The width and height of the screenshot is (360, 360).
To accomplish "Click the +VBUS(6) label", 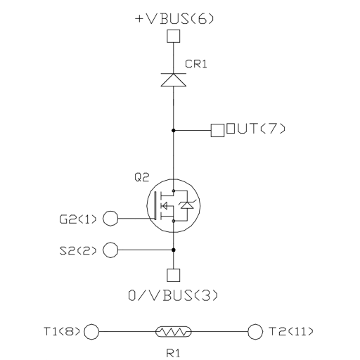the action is click(174, 19).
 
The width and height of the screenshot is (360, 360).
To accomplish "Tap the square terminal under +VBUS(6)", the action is click(174, 36).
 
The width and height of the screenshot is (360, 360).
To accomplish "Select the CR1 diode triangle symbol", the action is click(174, 79).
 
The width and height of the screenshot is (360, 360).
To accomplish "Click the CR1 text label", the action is click(196, 64).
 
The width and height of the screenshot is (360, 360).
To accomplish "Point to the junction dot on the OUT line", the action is click(174, 130).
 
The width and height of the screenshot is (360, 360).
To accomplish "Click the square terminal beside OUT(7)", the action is click(217, 130).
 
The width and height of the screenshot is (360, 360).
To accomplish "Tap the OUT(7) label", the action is click(256, 129).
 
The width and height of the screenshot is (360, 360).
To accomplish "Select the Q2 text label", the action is click(142, 177).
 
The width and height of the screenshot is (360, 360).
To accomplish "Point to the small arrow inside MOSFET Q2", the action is click(165, 206).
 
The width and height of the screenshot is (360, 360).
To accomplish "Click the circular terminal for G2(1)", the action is click(110, 218).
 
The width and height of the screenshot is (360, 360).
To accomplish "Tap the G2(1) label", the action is click(78, 219).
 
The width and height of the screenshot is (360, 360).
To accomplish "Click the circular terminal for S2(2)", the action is click(110, 250).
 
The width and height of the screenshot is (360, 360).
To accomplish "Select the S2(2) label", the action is click(78, 251).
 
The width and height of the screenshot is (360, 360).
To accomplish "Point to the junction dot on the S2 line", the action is click(174, 250).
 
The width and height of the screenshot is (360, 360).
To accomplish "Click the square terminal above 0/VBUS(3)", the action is click(174, 275).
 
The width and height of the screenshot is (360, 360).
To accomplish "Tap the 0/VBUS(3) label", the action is click(173, 296).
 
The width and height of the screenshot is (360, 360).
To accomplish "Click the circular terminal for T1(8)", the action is click(91, 332).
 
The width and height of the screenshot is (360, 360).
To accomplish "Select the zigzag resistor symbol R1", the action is click(174, 332).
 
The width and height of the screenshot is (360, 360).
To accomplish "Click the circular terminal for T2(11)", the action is click(255, 332).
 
